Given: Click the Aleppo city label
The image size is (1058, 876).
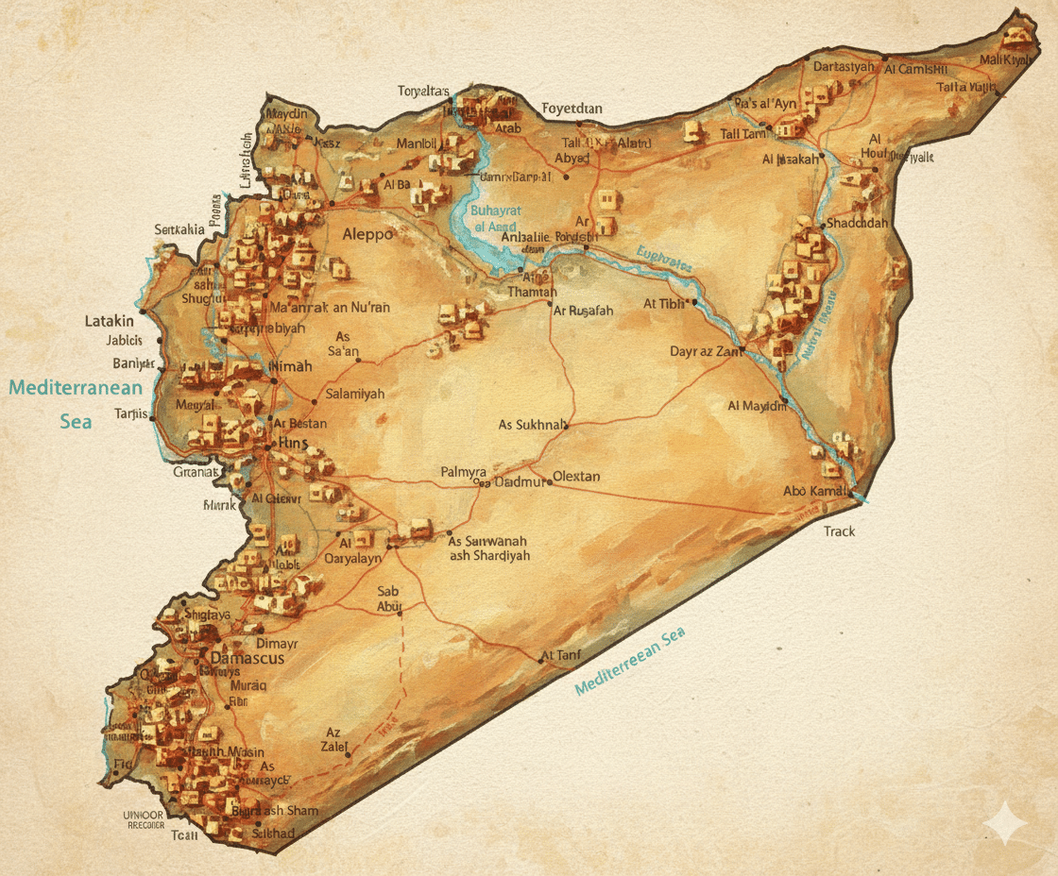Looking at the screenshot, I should [x=367, y=234].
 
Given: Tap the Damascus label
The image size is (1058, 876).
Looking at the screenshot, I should [x=247, y=658].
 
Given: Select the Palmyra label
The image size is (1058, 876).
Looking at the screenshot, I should [x=463, y=471].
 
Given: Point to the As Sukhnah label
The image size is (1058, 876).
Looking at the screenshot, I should [x=533, y=425].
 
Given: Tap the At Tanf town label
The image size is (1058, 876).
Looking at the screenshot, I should [x=560, y=655].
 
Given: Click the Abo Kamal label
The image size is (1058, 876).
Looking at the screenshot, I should [x=813, y=490].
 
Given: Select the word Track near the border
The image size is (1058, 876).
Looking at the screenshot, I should [x=839, y=531].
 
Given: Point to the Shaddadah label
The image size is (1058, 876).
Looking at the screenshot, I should [x=857, y=223].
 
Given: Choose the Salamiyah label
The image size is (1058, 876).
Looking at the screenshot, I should [x=355, y=394].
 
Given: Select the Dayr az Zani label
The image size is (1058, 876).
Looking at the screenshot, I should [x=703, y=351].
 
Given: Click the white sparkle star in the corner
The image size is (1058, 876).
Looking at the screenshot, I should [x=1005, y=824].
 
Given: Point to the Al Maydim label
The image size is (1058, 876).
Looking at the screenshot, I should [x=757, y=406].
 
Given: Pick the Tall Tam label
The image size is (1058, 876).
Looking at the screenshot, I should [x=743, y=135].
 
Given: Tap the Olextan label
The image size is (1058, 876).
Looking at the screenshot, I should [x=576, y=476].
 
